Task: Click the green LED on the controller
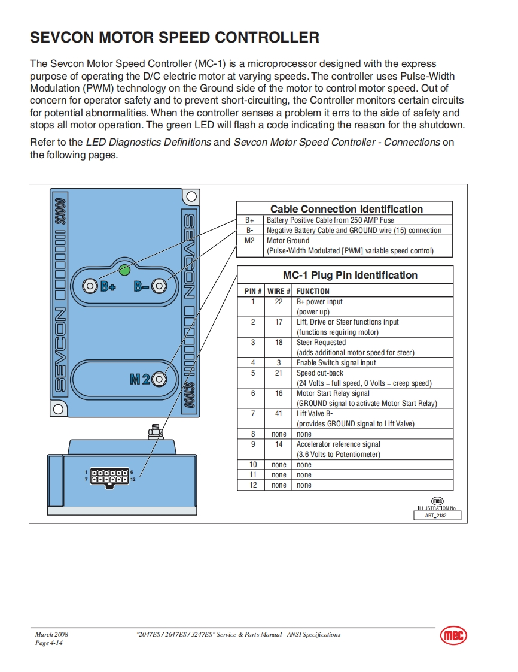point(124,270)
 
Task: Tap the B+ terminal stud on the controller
point(90,286)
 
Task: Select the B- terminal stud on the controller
point(159,286)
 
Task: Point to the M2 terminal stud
point(159,379)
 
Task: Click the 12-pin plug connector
point(109,476)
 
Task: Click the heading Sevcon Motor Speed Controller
point(174,38)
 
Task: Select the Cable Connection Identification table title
point(346,209)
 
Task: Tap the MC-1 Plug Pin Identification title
point(350,276)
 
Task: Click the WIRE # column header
point(279,292)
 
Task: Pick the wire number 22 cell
point(279,302)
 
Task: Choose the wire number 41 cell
point(279,414)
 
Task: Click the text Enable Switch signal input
point(336,363)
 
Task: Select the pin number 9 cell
point(253,444)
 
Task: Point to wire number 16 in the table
point(279,393)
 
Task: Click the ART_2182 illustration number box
point(439,515)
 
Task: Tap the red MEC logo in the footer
point(453,635)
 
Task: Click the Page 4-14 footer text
point(49,643)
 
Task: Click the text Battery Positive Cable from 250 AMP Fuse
point(330,220)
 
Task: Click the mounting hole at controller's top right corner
point(191,196)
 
